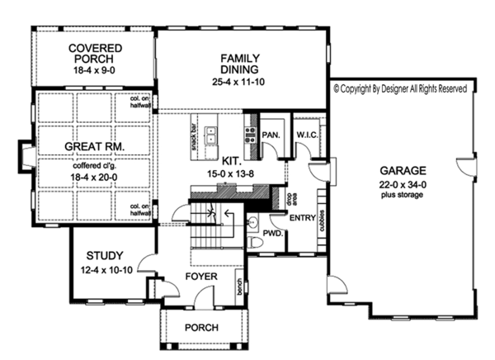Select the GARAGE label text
tap(398, 166)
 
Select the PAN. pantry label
tap(271, 133)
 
